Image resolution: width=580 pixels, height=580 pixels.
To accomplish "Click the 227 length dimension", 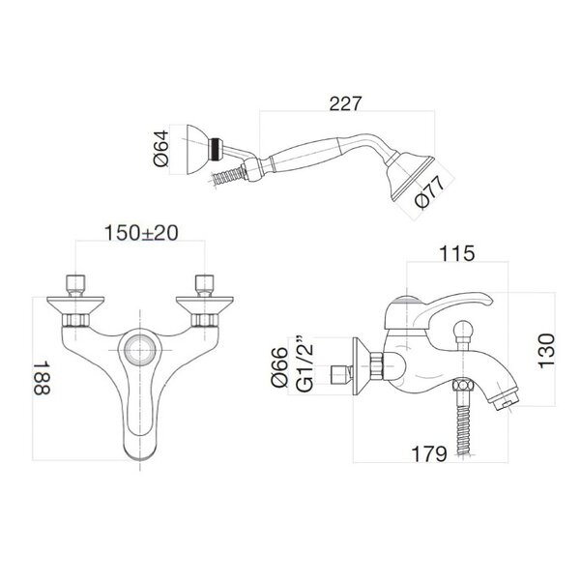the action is [344, 104].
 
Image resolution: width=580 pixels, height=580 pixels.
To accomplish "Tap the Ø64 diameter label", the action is [161, 148].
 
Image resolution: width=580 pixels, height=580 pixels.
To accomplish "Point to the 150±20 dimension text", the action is [141, 233].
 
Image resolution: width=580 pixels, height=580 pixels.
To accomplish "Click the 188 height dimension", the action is [42, 378].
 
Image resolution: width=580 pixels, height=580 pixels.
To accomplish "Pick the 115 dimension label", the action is [456, 253].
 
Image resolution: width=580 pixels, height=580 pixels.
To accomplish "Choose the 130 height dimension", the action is [547, 351].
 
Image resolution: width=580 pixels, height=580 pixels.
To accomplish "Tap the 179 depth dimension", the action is [429, 453].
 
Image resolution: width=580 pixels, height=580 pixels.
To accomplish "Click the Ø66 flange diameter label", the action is [279, 366].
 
